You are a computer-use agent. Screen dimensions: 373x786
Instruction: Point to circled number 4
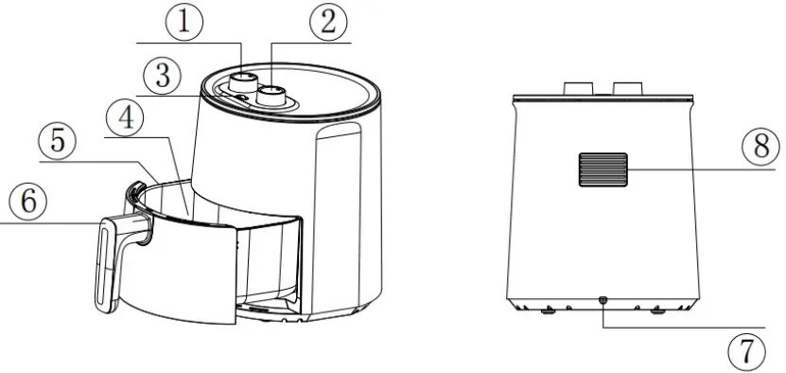pyautogui.click(x=125, y=117)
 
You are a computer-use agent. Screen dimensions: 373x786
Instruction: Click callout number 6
pyautogui.click(x=25, y=202)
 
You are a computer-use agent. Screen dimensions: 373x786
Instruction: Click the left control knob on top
pyautogui.click(x=246, y=80)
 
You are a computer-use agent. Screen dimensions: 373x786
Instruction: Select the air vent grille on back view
pyautogui.click(x=599, y=169)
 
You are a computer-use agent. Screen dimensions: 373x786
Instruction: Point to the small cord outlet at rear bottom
pyautogui.click(x=603, y=302)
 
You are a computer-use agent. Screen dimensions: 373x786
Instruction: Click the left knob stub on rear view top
pyautogui.click(x=577, y=88)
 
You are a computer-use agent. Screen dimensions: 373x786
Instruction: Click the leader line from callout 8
pyautogui.click(x=690, y=169)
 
